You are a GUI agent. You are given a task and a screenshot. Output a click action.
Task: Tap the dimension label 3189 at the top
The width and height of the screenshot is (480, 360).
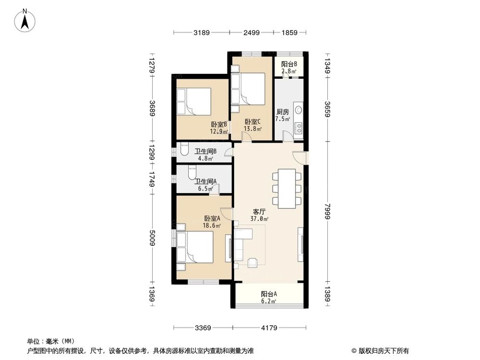point(202,33)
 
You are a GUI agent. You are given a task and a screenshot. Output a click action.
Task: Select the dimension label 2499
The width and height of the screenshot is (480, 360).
point(252,33)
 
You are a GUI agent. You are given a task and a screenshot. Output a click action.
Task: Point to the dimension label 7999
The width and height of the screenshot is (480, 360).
point(328,210)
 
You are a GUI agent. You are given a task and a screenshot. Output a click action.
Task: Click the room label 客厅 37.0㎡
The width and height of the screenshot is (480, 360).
point(259,215)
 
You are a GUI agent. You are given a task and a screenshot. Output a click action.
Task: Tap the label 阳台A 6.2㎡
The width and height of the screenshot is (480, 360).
point(269,298)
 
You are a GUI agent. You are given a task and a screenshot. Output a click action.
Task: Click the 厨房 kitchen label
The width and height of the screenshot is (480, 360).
point(282,115)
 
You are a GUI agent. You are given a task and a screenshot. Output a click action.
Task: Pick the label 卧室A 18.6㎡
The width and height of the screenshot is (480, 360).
point(212,221)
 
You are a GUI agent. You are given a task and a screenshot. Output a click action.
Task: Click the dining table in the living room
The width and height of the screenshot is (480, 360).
point(288,188)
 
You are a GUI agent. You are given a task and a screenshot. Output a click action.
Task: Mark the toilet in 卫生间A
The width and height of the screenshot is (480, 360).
point(192,171)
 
